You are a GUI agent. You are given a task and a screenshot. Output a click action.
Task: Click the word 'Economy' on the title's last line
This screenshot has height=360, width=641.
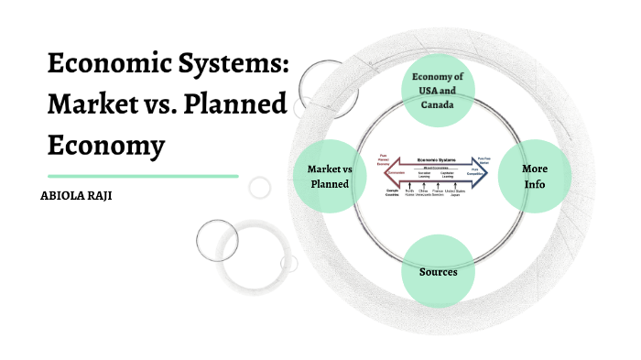tap(106, 145)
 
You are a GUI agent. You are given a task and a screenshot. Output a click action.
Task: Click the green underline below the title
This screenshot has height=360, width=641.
tap(142, 176)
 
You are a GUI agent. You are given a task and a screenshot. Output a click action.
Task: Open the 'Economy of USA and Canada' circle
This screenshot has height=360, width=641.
tap(439, 90)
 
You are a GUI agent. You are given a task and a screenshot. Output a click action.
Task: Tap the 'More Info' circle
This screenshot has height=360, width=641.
tap(534, 177)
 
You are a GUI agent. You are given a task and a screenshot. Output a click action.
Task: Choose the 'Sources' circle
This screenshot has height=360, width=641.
tap(438, 272)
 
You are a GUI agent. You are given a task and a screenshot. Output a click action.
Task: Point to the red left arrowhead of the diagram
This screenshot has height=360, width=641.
tap(386, 173)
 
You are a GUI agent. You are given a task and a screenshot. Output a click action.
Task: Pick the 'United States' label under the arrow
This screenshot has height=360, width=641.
tap(455, 192)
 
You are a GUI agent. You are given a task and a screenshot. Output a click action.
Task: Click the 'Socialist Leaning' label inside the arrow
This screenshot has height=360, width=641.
tap(424, 174)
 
